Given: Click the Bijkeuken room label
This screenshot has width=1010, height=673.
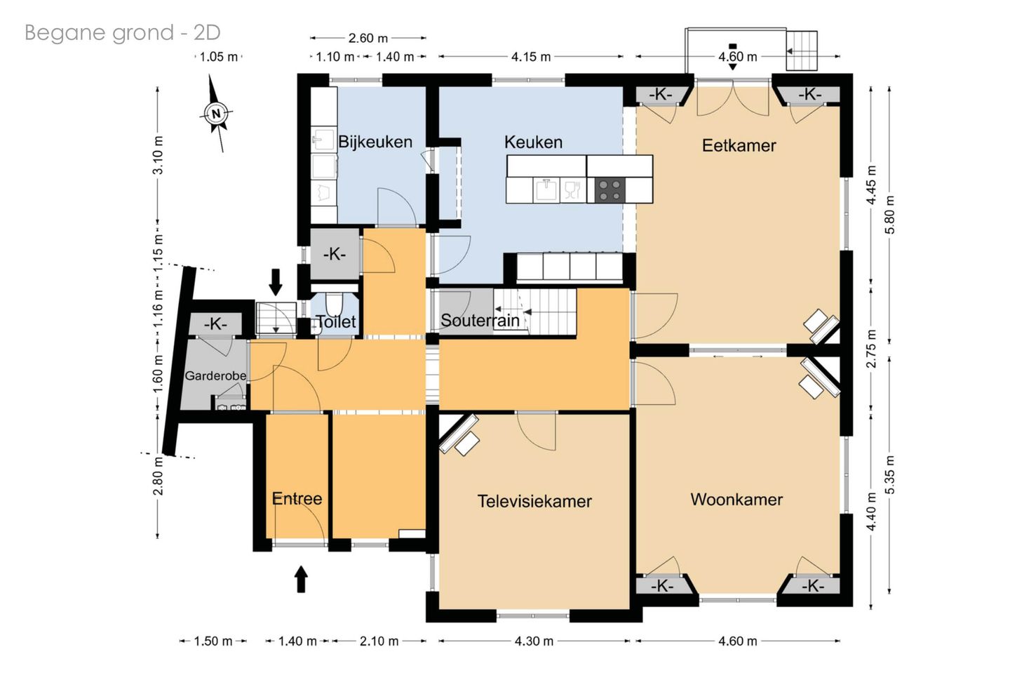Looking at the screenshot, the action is click(x=375, y=142).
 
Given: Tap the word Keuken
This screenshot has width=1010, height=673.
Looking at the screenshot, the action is click(x=533, y=142).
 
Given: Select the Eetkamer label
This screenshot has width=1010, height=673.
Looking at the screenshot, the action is click(x=739, y=145).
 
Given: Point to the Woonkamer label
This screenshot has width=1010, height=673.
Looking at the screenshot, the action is click(x=736, y=500).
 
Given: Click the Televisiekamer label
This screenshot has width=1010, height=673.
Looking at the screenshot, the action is click(x=534, y=501).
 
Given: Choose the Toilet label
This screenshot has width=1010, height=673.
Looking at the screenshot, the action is click(x=336, y=321).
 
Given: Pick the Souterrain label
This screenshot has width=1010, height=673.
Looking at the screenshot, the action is click(x=480, y=320).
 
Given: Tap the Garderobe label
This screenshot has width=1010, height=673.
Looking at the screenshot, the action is click(x=215, y=375).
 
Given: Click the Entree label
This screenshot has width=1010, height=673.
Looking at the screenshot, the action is click(x=297, y=498).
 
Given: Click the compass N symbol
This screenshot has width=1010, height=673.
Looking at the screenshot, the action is click(x=216, y=113).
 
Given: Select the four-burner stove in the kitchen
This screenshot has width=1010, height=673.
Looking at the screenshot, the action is click(x=610, y=190).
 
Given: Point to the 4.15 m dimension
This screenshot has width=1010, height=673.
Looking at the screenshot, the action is click(x=531, y=57).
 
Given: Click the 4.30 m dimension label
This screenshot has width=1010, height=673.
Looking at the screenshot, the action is click(x=534, y=641).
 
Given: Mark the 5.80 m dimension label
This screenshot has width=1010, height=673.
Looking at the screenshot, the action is click(x=889, y=215).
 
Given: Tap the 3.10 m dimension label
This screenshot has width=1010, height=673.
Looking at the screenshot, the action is click(x=158, y=154).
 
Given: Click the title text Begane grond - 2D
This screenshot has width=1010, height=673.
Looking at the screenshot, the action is click(x=123, y=32).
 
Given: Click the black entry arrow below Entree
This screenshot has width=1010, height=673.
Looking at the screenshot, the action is click(x=301, y=579).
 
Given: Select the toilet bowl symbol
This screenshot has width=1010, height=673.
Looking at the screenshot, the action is click(x=334, y=305).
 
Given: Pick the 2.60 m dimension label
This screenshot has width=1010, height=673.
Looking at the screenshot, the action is click(x=368, y=39).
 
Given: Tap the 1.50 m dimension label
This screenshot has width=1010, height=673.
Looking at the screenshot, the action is click(x=213, y=641).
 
